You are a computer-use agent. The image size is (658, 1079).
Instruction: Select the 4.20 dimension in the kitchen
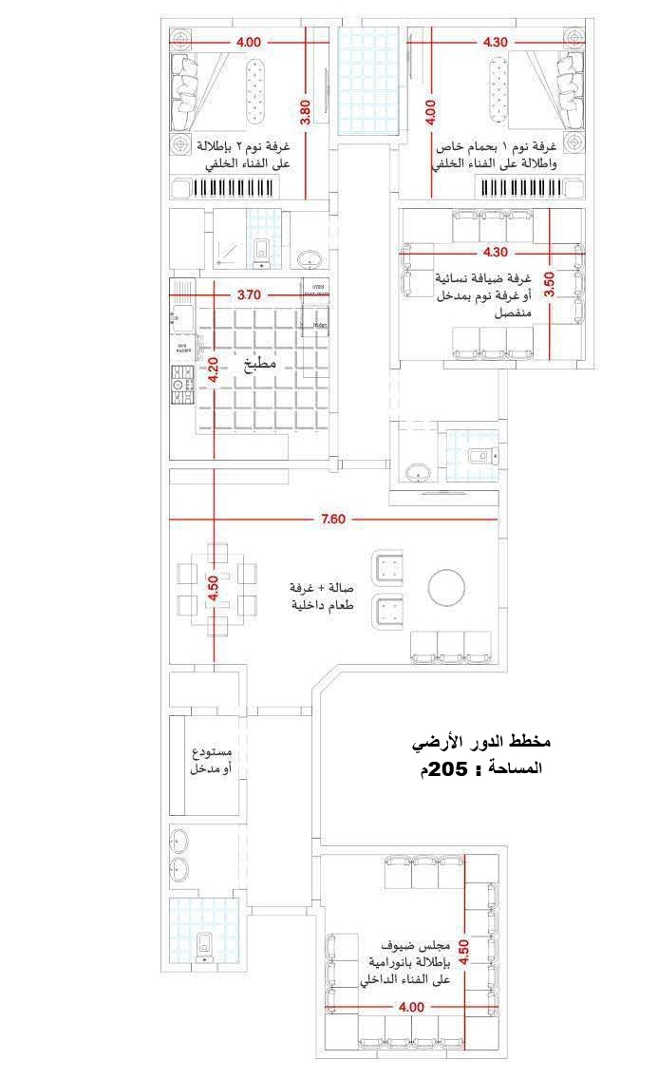214,368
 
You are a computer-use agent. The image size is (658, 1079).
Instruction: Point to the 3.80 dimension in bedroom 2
305,113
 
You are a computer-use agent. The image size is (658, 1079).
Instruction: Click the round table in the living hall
445,587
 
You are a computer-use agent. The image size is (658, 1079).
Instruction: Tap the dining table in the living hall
216,588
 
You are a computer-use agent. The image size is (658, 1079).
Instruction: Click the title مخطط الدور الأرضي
484,741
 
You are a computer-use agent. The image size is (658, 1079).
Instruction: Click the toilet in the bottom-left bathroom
202,946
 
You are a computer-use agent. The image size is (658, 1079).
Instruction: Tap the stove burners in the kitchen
179,384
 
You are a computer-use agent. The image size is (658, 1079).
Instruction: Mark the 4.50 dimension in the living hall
214,586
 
